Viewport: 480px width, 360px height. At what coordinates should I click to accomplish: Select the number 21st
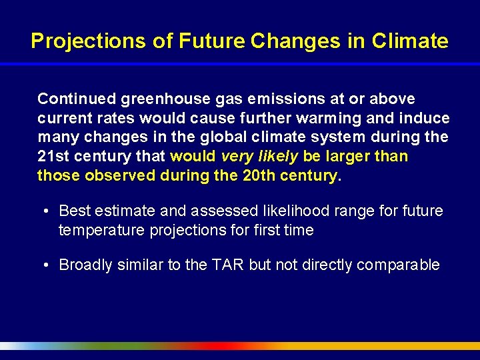51,157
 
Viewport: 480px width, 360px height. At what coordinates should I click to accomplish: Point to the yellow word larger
349,157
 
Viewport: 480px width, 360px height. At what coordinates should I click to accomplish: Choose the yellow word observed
116,176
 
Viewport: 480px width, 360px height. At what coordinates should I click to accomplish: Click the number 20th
251,176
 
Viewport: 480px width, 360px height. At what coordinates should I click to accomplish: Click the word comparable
398,265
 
